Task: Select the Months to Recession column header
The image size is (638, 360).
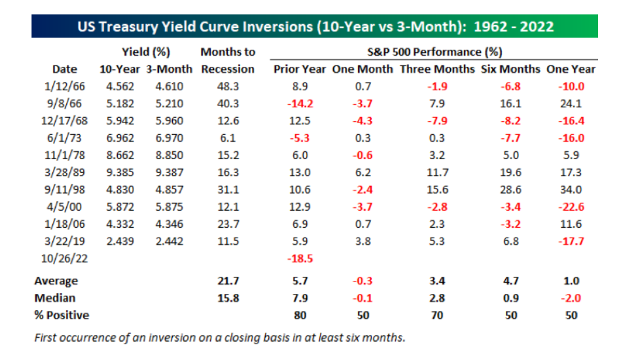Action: [228, 60]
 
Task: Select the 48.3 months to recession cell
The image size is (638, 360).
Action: [228, 86]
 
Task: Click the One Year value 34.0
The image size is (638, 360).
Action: [571, 190]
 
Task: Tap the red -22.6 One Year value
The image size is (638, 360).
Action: [571, 207]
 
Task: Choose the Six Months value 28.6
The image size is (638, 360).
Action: [511, 190]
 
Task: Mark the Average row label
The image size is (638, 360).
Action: [56, 281]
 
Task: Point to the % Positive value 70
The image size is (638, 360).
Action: [437, 315]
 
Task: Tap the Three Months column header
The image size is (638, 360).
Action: [437, 69]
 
